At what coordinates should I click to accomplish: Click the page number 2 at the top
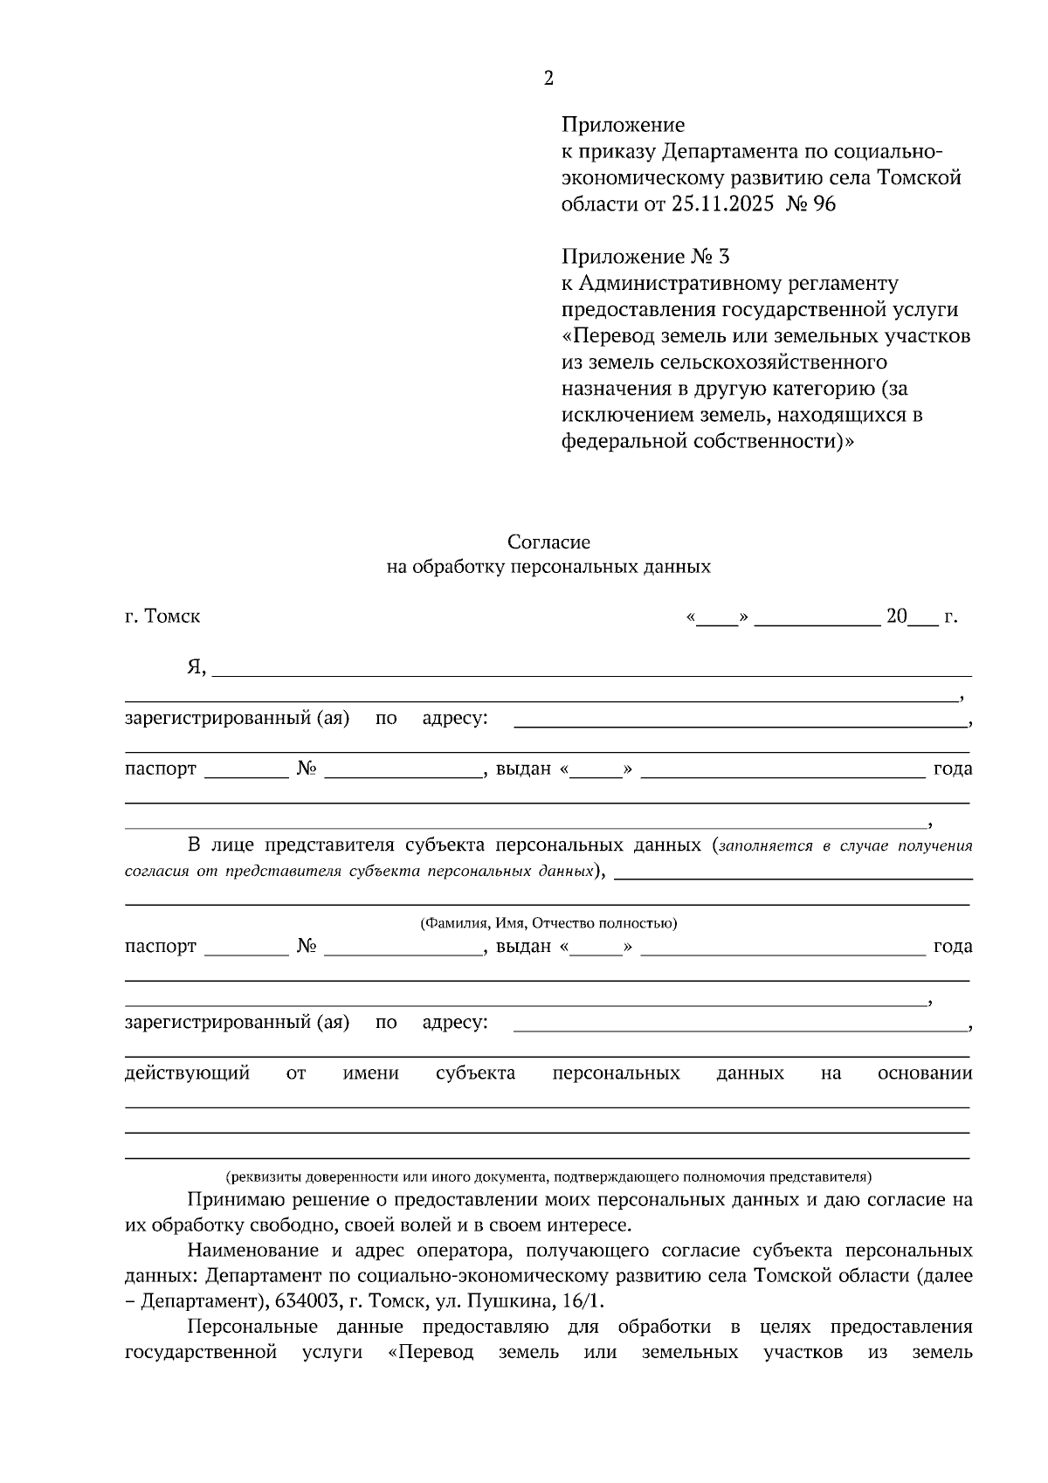click(548, 79)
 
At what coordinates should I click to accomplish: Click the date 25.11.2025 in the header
click(722, 204)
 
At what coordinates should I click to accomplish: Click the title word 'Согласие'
click(548, 542)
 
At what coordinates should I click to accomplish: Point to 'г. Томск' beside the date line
click(162, 616)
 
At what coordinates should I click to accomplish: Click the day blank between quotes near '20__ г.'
click(717, 618)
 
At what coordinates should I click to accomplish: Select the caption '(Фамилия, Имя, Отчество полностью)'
click(548, 923)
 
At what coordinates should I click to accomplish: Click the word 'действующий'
click(188, 1073)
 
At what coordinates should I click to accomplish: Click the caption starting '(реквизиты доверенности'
click(548, 1176)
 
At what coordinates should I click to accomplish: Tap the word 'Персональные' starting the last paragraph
click(252, 1327)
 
